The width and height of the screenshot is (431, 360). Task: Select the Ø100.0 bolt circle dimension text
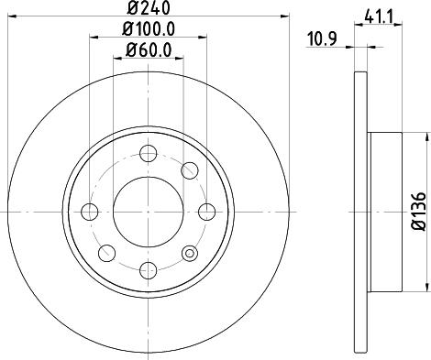coord(149,29)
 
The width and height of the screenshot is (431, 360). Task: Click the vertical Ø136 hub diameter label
coord(417,212)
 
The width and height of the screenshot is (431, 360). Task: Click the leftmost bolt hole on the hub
coord(90,212)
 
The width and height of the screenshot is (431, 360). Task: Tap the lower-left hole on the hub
coord(105,253)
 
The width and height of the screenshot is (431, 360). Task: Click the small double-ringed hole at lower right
coord(190,254)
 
